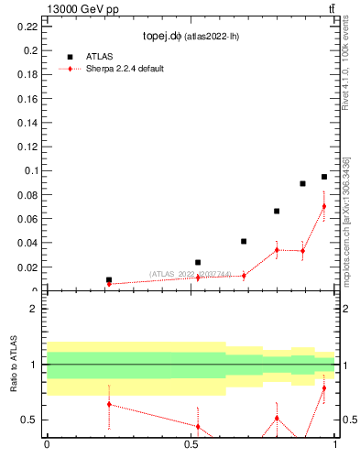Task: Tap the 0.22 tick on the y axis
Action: (x=27, y=27)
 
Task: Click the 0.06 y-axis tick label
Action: (x=27, y=219)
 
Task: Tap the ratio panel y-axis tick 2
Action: (x=33, y=309)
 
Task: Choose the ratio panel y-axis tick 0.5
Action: (x=29, y=420)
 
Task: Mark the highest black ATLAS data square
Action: (x=324, y=177)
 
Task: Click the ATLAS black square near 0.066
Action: (x=277, y=212)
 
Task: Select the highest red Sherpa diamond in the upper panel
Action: (x=324, y=206)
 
